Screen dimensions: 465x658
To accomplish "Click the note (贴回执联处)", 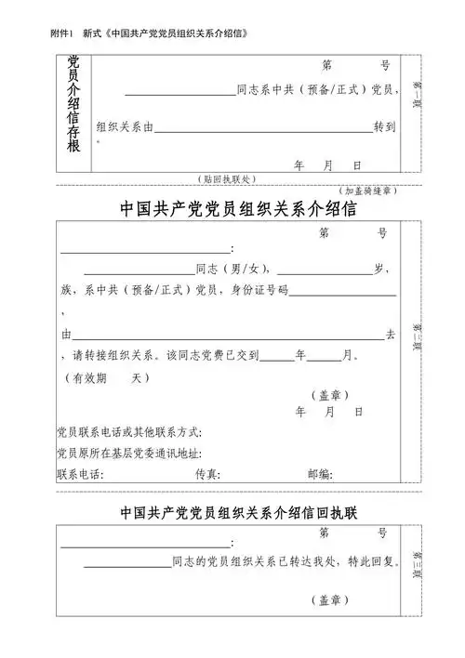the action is (x=228, y=178).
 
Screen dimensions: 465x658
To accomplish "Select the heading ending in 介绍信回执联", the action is (x=232, y=512).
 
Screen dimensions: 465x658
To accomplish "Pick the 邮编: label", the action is (x=320, y=474).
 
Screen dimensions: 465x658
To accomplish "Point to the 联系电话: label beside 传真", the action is (x=80, y=474).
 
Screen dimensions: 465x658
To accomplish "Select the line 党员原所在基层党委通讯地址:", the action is (x=129, y=454).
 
